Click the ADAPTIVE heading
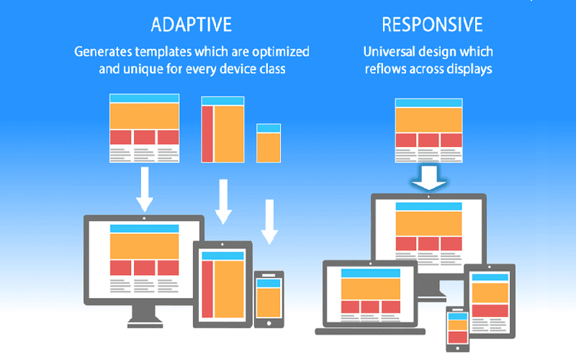pos(191,24)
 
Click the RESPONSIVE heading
pos(431,24)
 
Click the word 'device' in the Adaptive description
pos(249,70)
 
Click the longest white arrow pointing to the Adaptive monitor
pos(144,189)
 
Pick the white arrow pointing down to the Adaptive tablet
pos(224,202)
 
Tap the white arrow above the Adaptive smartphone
pos(269,222)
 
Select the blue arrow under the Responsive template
pos(429,180)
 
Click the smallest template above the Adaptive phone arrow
pos(269,143)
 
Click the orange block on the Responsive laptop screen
pos(370,288)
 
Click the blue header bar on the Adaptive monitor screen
pos(144,228)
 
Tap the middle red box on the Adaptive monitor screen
pos(144,268)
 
